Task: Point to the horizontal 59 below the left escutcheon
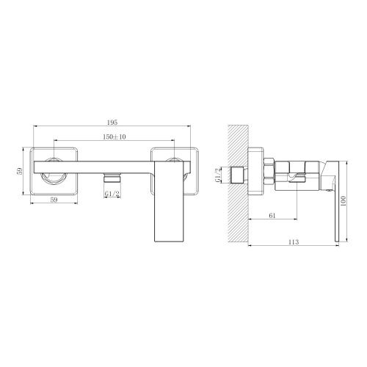tap(54, 199)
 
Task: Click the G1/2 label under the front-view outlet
tap(112, 193)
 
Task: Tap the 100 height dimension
tap(350, 197)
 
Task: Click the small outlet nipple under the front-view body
tap(112, 178)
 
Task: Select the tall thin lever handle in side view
tap(338, 198)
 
